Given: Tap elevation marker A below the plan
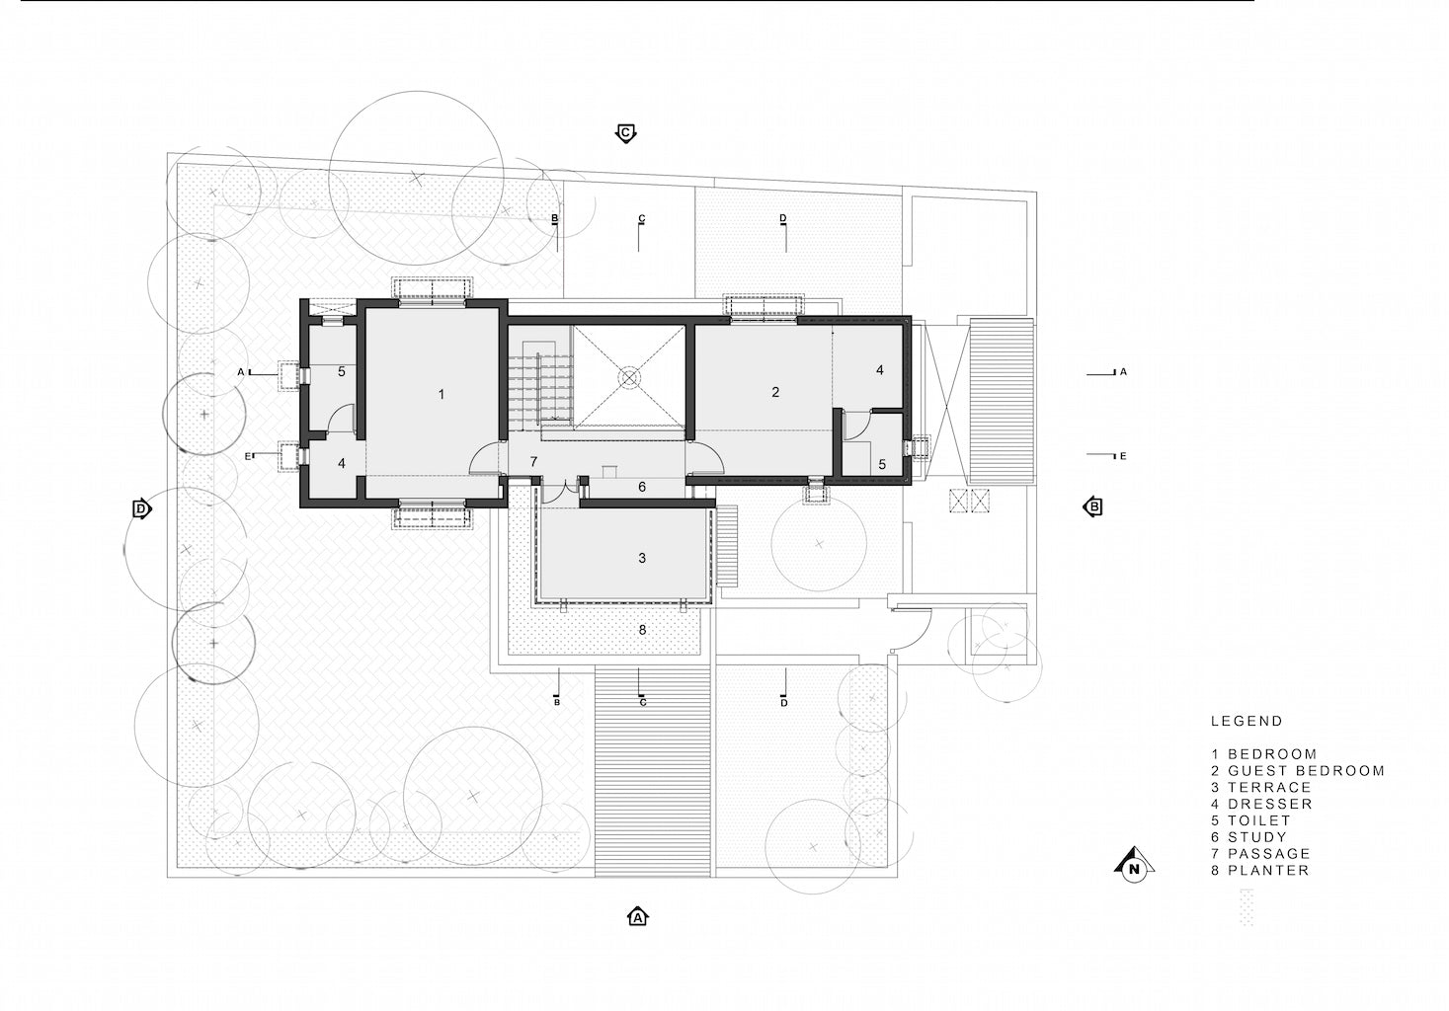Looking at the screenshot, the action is coord(638,916).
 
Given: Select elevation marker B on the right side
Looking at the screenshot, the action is coord(1092,506).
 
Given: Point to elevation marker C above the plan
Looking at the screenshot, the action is coord(625,133).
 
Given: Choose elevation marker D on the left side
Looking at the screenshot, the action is coord(141,508).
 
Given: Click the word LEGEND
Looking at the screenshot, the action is coord(1247,721).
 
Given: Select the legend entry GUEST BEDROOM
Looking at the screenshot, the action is coord(1298,770).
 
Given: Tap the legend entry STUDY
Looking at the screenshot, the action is coord(1249,837).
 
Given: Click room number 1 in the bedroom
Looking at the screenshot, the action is coord(442,394).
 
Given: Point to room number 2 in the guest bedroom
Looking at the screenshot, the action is coord(775,392).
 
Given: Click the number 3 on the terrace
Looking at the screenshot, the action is coord(642,558).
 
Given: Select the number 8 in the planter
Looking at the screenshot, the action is coord(642,629).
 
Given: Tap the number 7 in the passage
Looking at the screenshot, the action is coord(533,461).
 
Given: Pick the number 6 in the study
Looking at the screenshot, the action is coord(642,486).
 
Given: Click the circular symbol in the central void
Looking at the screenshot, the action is coord(629,377).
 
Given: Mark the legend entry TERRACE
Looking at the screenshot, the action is coord(1260,787).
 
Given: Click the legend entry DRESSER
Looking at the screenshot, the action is coord(1262,804).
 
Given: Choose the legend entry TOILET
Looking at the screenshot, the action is coord(1251,820).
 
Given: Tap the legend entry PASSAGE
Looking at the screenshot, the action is coord(1260,853).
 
